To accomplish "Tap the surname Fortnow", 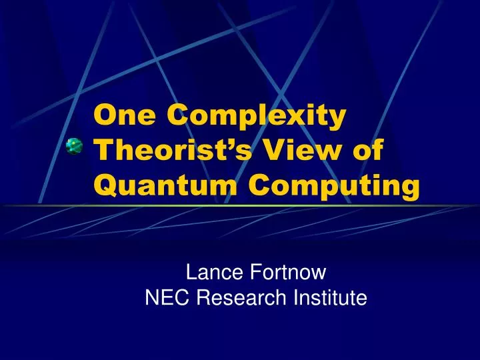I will coord(287,272).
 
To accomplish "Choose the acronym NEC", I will coord(163,298).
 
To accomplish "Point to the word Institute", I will coord(331,298).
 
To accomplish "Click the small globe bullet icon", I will coord(73,145).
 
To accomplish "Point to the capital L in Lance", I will coord(191,272).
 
